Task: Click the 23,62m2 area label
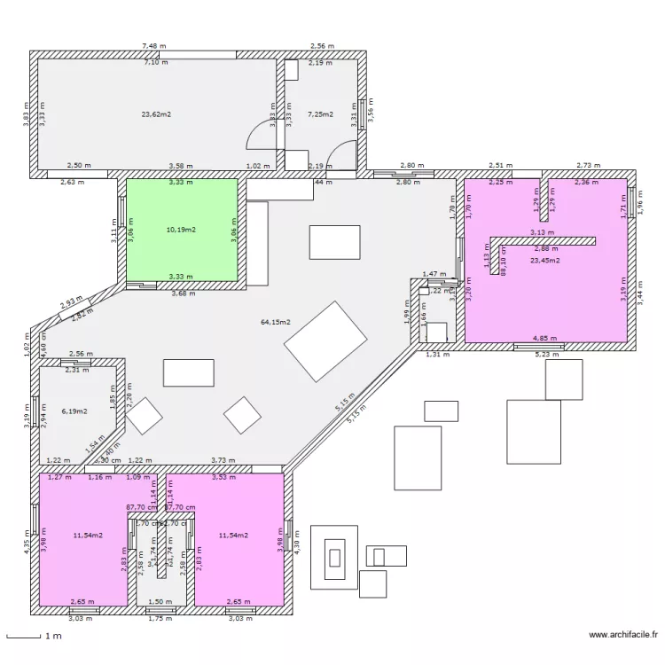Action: tap(156, 114)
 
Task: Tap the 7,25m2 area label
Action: tap(319, 114)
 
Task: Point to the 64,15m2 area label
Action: tap(275, 322)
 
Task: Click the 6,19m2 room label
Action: tap(74, 411)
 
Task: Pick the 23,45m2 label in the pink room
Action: tap(545, 261)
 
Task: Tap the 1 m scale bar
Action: tap(24, 637)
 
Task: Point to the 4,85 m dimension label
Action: tap(544, 338)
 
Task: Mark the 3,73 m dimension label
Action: tap(223, 460)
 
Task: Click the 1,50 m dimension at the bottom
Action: tap(160, 601)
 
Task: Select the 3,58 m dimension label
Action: tap(181, 166)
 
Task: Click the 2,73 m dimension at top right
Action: tap(589, 166)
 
